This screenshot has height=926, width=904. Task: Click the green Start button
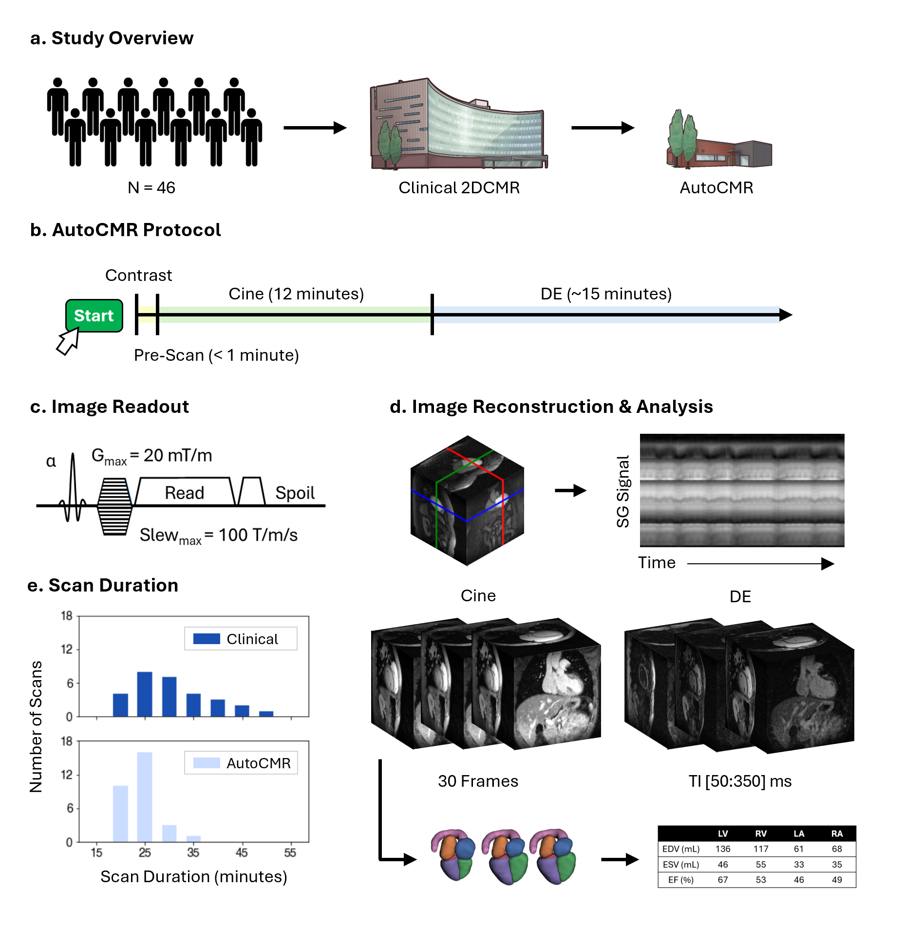pos(94,315)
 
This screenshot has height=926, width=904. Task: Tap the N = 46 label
pos(151,187)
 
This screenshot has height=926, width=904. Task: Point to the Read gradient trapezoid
pos(185,492)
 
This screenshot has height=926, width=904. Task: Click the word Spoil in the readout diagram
pos(295,493)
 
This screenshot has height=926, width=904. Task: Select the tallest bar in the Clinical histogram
pos(145,694)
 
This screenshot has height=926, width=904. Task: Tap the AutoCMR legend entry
pos(242,763)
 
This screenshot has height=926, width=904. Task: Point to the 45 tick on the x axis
pos(242,852)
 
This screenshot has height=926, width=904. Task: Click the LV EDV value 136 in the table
pos(723,849)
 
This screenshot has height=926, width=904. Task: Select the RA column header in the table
pos(837,833)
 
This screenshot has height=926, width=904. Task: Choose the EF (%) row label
pos(680,880)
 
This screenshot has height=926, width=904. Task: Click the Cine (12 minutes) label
pos(296,294)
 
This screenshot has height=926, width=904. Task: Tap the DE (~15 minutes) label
pos(606,294)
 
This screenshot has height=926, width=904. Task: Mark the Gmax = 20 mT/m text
pos(152,456)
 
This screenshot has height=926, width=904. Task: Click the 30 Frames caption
pos(478,781)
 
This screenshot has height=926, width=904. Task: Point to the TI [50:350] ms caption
pos(740,781)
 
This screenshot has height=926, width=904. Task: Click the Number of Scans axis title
pos(36,726)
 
